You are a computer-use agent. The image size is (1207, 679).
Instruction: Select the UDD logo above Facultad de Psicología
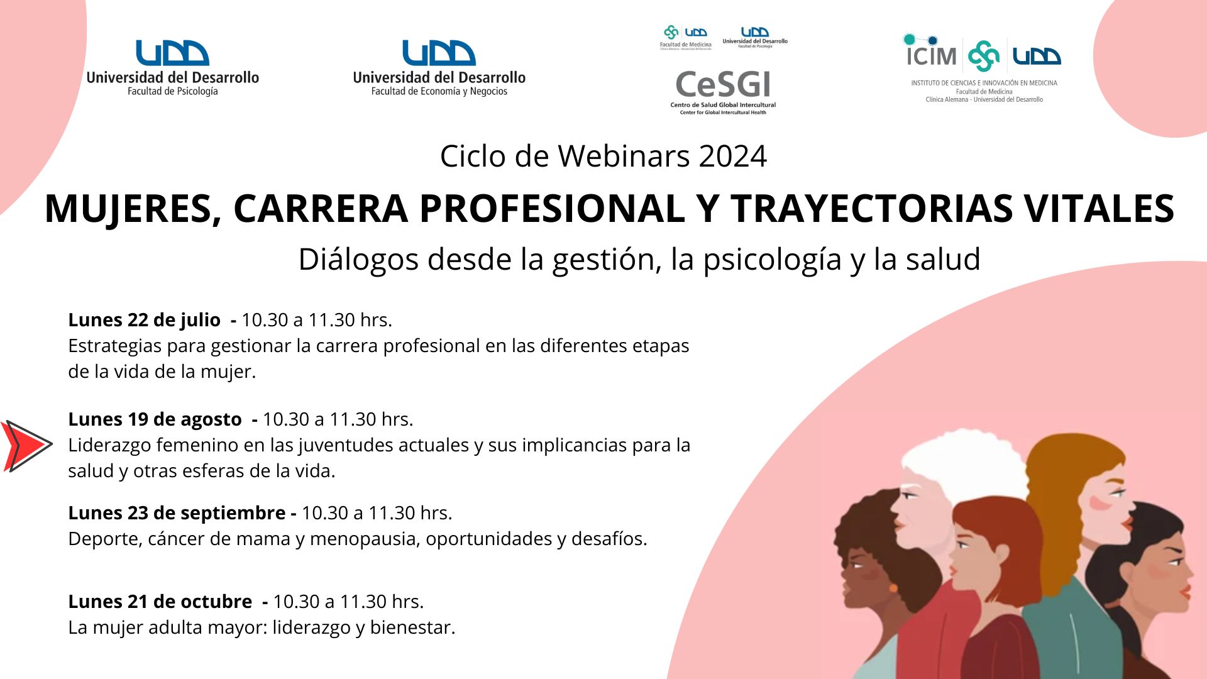172,53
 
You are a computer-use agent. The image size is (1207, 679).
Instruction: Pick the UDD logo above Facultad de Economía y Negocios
439,53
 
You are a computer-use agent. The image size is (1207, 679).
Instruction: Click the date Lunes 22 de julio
144,320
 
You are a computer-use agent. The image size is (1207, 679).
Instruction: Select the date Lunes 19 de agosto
155,419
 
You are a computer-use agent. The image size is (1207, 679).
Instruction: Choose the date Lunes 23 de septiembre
177,513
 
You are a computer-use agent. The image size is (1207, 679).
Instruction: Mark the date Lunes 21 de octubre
160,602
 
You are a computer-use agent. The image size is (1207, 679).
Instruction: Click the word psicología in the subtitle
772,260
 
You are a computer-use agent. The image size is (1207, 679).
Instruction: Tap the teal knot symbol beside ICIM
983,56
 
